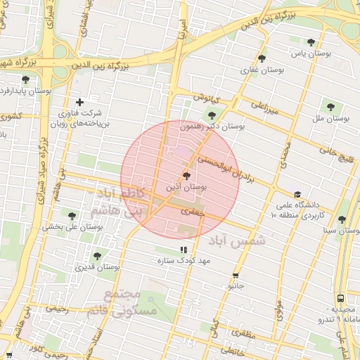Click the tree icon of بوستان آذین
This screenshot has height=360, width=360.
[x=186, y=176]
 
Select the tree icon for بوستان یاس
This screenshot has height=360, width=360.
[x=311, y=42]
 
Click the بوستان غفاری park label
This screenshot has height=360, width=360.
[x=262, y=70]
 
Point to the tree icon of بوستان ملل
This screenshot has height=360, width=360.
[x=330, y=107]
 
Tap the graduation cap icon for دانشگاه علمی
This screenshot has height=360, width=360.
[x=297, y=195]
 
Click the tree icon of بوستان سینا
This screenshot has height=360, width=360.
[x=342, y=219]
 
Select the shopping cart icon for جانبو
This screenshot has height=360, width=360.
[x=235, y=276]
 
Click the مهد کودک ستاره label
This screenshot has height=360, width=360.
[x=184, y=261]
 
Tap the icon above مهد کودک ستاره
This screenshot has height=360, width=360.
[x=184, y=250]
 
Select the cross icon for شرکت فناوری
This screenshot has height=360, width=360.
[x=79, y=102]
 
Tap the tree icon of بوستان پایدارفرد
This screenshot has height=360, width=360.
[x=26, y=79]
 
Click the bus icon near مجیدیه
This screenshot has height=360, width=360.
[x=340, y=298]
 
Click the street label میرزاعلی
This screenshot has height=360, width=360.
[x=265, y=107]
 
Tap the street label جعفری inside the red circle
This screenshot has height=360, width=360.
[x=191, y=210]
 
